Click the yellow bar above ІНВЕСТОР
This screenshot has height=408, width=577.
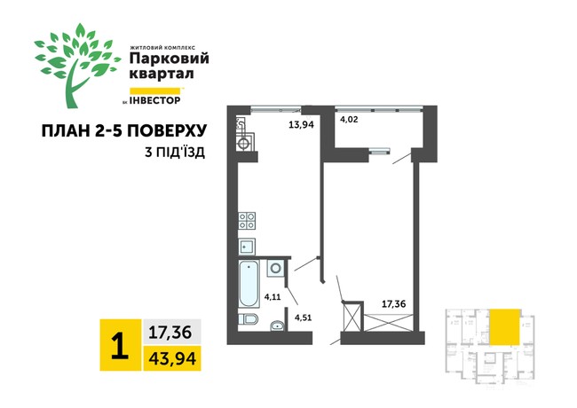[x=156, y=90]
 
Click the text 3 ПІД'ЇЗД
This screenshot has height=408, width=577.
[x=174, y=153]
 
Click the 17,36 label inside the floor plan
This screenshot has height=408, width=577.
[x=393, y=303]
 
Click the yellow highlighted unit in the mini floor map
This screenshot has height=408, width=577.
[x=504, y=326]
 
